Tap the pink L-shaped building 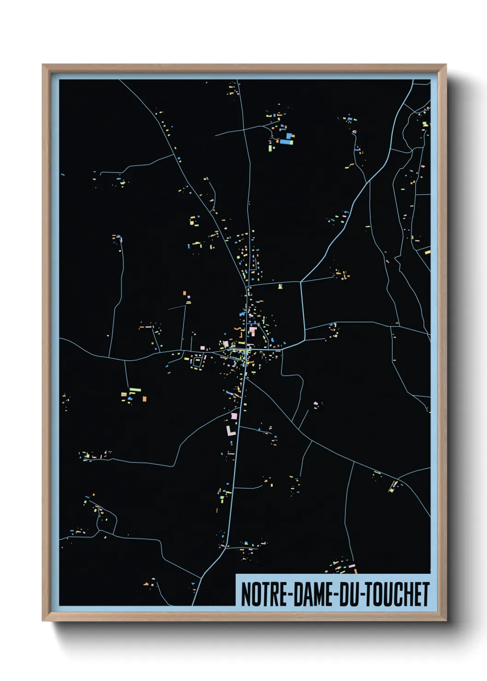(230, 431)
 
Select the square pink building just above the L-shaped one (234, 416)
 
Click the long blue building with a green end (286, 142)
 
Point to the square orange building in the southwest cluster (144, 398)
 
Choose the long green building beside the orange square (134, 390)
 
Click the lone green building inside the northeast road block (280, 287)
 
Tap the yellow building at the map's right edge (427, 252)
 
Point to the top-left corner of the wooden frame (43, 65)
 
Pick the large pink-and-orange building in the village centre (252, 329)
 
